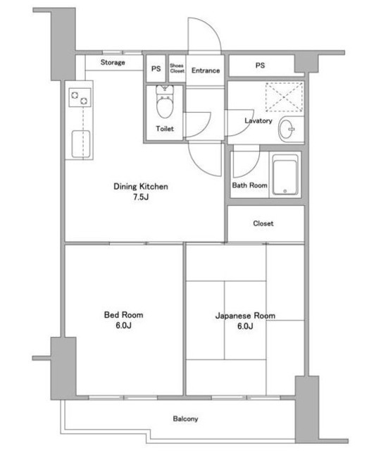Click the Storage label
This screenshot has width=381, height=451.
coord(113,63)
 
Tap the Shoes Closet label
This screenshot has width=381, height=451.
coord(177,68)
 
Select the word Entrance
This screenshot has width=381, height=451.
coord(206,70)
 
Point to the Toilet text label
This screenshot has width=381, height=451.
coord(165,128)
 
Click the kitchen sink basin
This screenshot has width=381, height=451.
coord(81,144)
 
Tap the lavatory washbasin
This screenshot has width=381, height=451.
coord(287,129)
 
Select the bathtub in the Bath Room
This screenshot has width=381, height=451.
coord(285,175)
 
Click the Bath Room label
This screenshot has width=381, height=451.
coord(249,185)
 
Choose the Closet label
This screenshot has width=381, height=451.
coord(263,223)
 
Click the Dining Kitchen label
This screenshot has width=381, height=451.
coord(141,186)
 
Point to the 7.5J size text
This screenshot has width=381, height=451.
coord(141,197)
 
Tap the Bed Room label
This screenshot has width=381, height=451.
coord(123,315)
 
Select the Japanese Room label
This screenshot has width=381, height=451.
coord(245,316)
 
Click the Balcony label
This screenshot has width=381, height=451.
coord(185,419)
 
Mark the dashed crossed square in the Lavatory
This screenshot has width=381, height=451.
coord(284,97)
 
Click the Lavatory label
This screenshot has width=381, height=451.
coord(258,121)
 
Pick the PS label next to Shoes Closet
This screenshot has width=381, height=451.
coord(156,69)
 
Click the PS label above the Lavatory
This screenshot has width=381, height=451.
coord(260,66)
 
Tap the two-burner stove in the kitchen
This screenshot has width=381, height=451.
coord(80,97)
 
